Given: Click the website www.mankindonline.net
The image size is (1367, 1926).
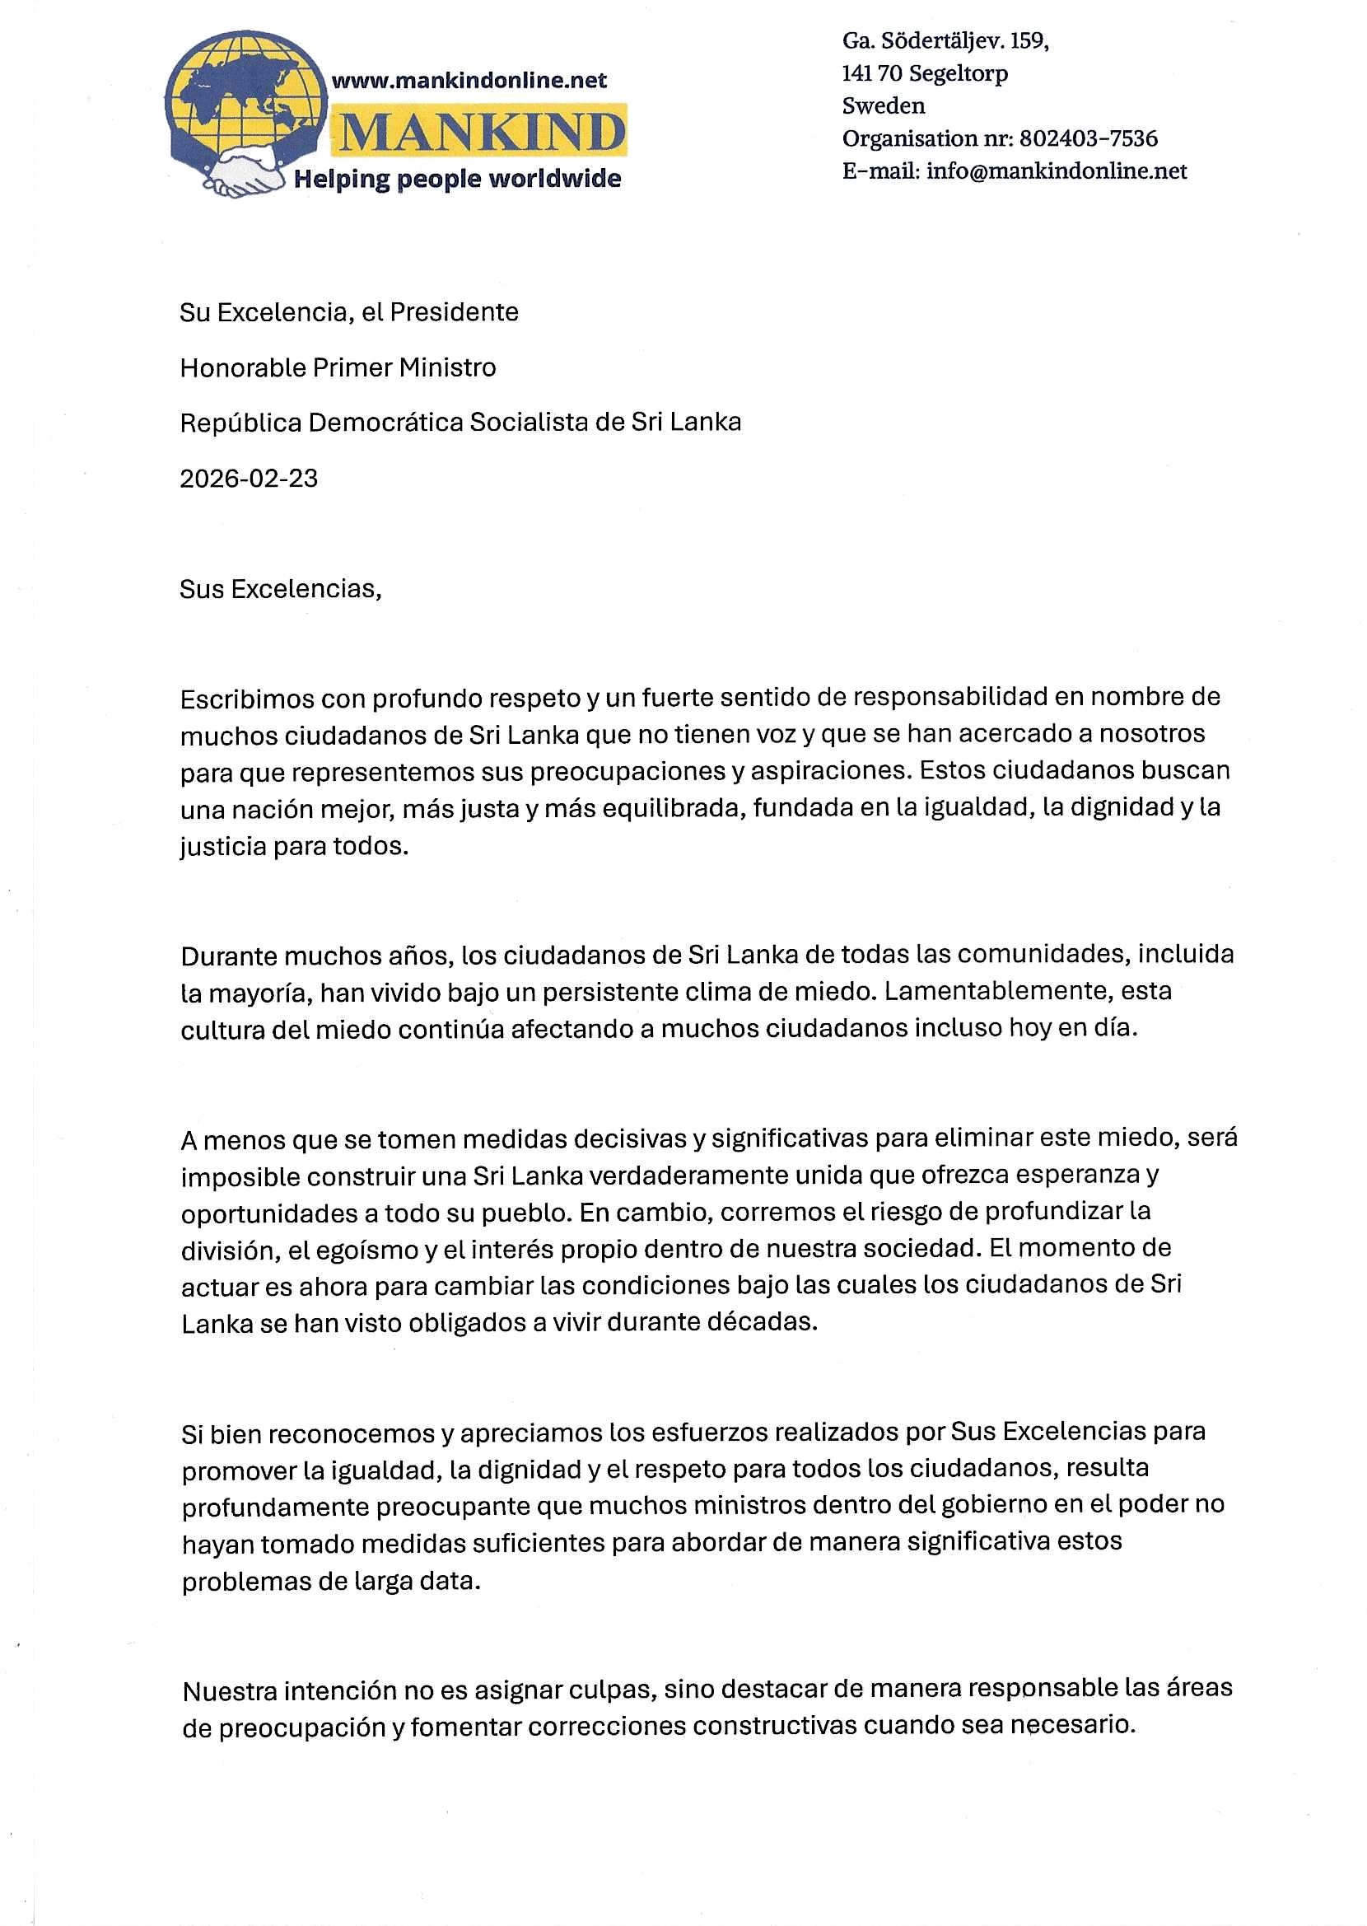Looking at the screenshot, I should [469, 81].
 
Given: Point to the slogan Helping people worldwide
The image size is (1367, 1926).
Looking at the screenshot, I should [457, 179].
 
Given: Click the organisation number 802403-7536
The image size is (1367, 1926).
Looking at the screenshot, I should [1089, 138].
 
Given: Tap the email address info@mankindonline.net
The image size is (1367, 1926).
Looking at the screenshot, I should [1057, 171].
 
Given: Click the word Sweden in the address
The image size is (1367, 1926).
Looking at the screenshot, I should [883, 106].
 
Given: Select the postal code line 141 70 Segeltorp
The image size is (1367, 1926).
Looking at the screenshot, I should [924, 73].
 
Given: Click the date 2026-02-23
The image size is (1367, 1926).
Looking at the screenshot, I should [249, 478].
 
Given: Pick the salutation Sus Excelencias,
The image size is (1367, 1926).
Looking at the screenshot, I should [280, 589].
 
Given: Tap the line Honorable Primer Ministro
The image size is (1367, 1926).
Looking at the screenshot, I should [338, 368].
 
